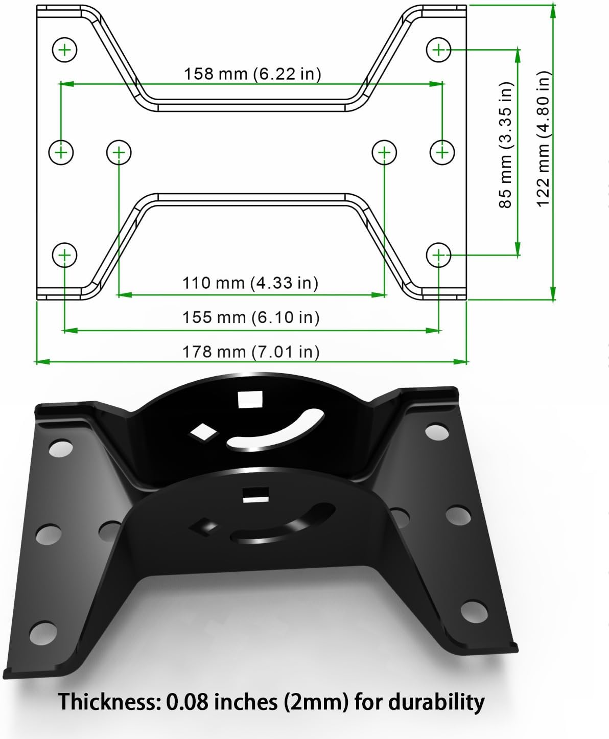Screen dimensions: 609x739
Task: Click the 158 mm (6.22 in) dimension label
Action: point(252,74)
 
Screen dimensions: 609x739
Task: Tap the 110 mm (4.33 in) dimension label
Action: point(250,283)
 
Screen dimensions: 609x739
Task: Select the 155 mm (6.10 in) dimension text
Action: point(251,317)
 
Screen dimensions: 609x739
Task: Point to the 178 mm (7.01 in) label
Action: point(251,352)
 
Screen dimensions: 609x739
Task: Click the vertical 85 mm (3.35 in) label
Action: point(505,145)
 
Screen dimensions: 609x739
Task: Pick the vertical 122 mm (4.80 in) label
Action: point(544,139)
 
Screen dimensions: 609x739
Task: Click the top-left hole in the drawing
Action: point(64,50)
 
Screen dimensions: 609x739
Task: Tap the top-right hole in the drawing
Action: point(438,50)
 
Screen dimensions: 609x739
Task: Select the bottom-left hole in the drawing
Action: point(64,255)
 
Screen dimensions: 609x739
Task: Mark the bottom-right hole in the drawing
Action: point(438,255)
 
